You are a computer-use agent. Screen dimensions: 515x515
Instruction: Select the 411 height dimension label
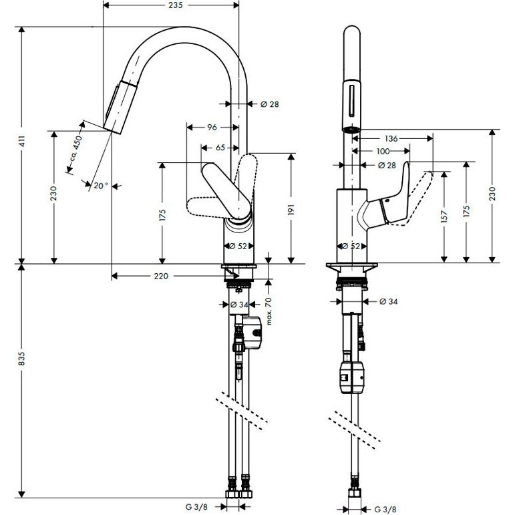(x=22, y=146)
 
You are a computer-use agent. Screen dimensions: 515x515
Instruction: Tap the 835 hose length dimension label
(x=22, y=358)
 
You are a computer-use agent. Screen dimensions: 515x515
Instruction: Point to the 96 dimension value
(x=212, y=127)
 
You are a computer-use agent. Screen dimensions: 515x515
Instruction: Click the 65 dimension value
(x=220, y=148)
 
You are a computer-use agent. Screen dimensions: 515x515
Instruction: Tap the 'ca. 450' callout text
(x=75, y=151)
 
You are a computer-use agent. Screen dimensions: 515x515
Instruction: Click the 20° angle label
(x=100, y=186)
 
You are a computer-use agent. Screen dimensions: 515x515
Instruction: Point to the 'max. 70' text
(x=269, y=311)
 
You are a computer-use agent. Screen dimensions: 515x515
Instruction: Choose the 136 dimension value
(x=391, y=139)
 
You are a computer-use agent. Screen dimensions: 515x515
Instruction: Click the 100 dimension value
(x=383, y=152)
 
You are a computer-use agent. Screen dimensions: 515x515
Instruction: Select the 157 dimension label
(x=444, y=216)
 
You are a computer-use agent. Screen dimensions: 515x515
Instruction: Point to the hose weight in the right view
(x=351, y=378)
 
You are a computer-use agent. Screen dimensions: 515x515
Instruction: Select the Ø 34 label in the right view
(x=389, y=301)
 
